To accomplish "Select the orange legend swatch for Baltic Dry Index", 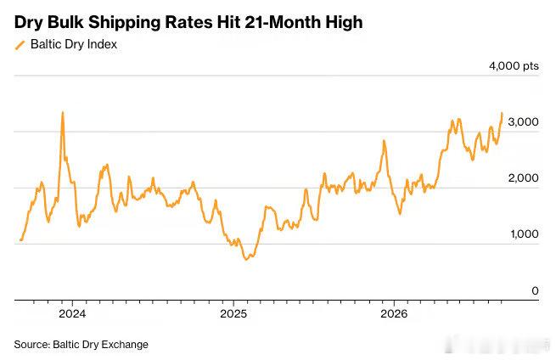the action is [x=20, y=45].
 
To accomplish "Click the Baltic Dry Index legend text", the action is [x=74, y=44].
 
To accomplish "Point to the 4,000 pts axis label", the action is [x=514, y=66].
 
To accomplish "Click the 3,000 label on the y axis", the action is [x=523, y=122].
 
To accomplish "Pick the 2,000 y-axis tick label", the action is [x=523, y=178].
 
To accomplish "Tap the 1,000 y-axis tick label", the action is [x=524, y=234].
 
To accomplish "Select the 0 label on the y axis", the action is [x=535, y=291].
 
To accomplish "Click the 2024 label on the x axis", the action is [x=72, y=314].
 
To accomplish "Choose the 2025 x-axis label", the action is [x=233, y=314].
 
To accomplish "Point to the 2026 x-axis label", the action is [x=394, y=314].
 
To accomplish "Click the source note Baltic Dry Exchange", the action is [x=101, y=345].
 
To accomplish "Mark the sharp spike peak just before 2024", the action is [x=63, y=112].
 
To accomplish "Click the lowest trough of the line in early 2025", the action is [x=246, y=259].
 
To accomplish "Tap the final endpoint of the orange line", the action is [x=503, y=113].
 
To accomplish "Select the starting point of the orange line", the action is [x=21, y=240].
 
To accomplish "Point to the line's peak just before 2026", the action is [x=384, y=141].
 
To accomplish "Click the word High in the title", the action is [x=344, y=23].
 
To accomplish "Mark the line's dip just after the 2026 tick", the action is [x=400, y=213].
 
